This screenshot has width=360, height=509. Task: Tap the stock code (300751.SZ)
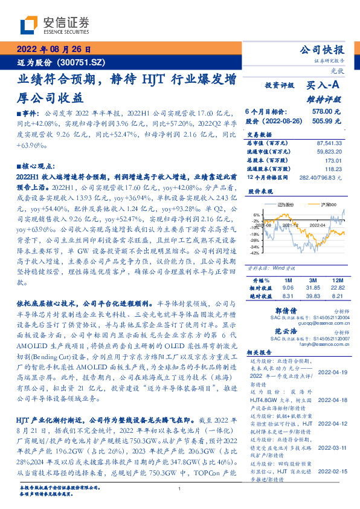point(82,62)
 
